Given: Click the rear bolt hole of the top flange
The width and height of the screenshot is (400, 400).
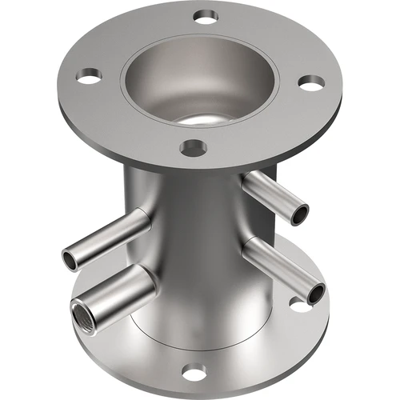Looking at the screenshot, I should (x=206, y=15).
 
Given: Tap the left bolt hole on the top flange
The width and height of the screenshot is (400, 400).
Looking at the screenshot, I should (x=90, y=76).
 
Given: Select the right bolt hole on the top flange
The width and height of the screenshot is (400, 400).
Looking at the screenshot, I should (x=312, y=82).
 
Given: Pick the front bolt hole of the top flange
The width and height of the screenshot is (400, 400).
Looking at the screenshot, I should (x=193, y=147).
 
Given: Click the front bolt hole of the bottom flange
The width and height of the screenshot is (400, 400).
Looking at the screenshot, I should (x=192, y=371).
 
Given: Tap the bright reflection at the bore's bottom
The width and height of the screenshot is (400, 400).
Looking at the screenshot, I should (x=200, y=119).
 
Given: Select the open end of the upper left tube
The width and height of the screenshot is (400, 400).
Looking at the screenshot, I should (x=72, y=259).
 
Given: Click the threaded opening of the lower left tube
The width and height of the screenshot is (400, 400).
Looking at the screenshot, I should (x=85, y=311).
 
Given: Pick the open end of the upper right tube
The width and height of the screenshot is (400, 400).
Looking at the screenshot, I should (x=300, y=213).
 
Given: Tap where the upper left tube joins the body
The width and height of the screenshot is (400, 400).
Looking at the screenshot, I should (x=148, y=221).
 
